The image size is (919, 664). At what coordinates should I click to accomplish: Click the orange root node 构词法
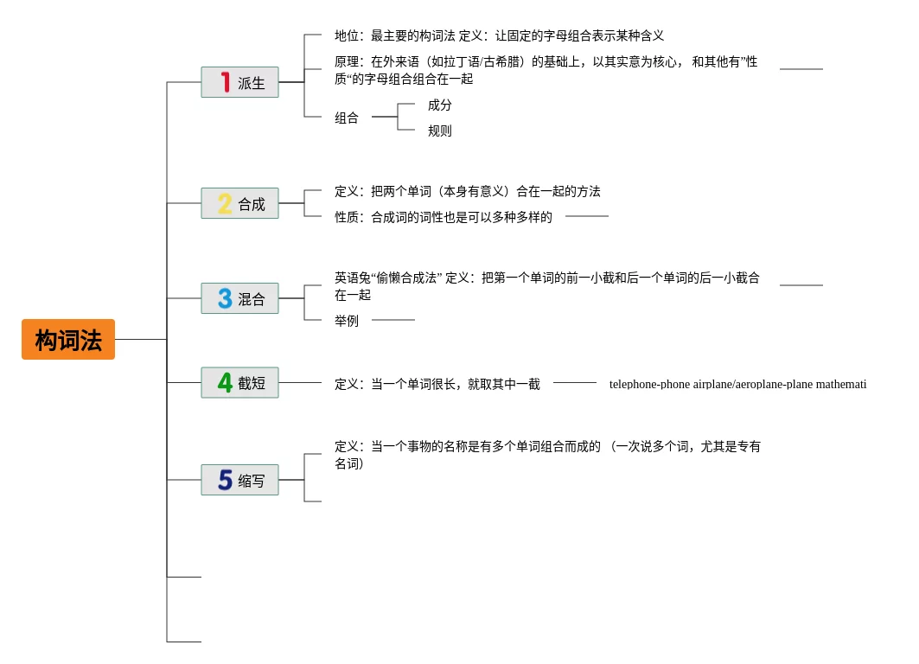coord(68,340)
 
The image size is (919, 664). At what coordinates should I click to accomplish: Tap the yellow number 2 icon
coord(225,204)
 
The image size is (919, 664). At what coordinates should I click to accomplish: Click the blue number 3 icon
coord(225,299)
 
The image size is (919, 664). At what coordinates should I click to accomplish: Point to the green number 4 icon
coord(225,383)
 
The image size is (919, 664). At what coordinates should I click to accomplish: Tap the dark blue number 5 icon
coord(225,481)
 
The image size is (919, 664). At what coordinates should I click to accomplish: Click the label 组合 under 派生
coord(347,118)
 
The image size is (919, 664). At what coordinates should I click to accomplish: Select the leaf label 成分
coord(440,105)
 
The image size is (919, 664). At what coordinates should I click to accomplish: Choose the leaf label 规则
coord(440,131)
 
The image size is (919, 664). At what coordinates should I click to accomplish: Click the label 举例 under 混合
coord(347,321)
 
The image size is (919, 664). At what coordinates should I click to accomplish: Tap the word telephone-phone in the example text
coord(648,385)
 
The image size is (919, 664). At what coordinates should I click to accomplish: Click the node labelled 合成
coord(251,204)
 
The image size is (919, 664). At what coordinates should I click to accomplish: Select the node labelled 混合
coord(251,299)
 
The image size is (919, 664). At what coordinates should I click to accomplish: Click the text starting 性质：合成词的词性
coord(444,217)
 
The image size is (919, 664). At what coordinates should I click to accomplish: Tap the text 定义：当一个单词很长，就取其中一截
coord(437,384)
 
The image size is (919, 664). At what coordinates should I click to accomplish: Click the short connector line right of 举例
coord(393,320)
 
